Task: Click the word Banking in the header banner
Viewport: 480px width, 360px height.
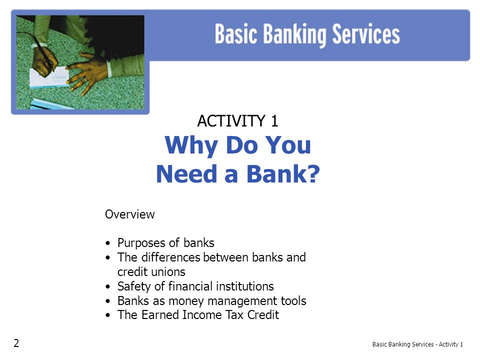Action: tap(294, 34)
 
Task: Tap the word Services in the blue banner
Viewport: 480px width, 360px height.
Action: tap(366, 34)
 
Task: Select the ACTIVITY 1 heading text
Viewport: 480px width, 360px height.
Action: tap(237, 120)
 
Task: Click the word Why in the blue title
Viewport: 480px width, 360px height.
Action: tap(191, 145)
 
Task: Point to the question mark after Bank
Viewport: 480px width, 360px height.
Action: tap(312, 173)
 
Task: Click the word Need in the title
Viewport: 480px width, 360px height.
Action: tap(186, 173)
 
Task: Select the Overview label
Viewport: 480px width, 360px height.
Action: tap(130, 214)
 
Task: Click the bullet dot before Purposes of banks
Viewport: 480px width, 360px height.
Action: tap(108, 243)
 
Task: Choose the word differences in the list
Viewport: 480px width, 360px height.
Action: tap(170, 257)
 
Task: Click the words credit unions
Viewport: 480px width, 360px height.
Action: tap(151, 272)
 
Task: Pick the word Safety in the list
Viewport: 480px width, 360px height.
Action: tap(134, 286)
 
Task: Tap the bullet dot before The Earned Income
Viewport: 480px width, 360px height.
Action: tap(108, 315)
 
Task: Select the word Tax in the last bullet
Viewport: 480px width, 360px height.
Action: tap(235, 314)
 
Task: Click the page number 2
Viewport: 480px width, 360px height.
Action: tap(16, 343)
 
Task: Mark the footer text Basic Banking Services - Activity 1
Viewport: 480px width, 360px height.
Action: tap(417, 344)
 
